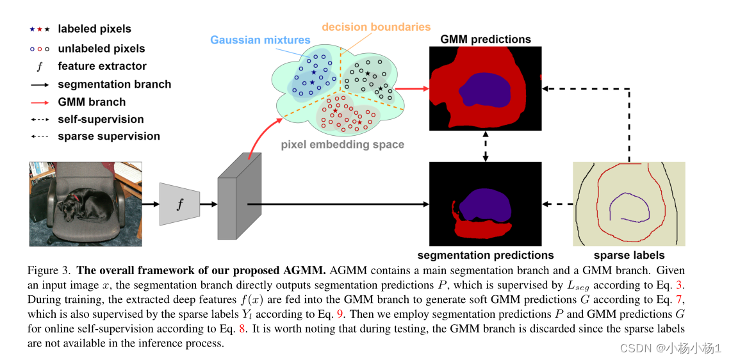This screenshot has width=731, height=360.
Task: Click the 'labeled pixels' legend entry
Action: (94, 29)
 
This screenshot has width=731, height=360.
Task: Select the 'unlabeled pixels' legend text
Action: (101, 48)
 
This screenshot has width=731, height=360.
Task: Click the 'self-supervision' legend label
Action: (101, 119)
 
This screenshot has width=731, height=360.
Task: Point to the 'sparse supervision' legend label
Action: (108, 136)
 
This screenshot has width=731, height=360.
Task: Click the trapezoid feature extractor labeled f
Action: (179, 204)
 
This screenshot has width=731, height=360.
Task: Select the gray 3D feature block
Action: (239, 198)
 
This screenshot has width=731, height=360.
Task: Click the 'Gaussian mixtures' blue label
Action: (260, 40)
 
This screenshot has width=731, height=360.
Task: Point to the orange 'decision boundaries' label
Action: (375, 27)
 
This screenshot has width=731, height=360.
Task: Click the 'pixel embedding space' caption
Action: (342, 144)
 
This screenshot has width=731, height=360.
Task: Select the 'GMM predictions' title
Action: (485, 39)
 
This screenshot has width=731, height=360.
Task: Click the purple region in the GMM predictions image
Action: (485, 90)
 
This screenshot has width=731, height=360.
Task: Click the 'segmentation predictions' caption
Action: (485, 255)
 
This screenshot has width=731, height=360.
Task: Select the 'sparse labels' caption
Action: (628, 255)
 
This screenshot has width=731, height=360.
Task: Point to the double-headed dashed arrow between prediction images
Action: (486, 147)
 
